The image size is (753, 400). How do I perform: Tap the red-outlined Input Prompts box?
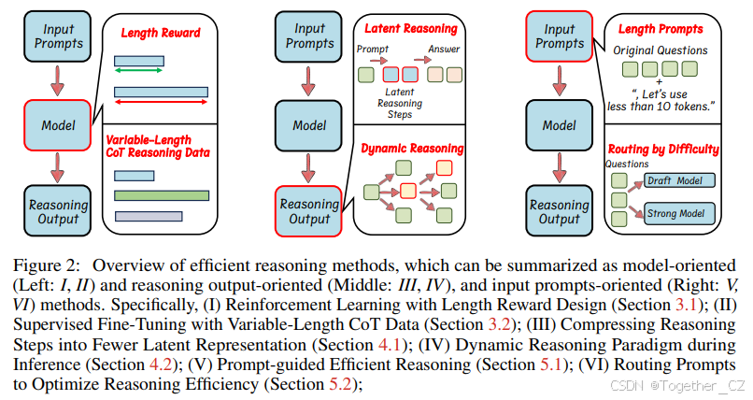(560, 36)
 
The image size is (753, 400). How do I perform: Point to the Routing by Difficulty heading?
(663, 148)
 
